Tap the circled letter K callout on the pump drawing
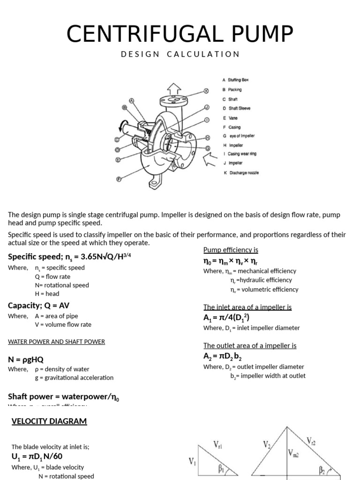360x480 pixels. [x=206, y=91]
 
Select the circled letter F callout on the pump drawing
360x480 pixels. [x=119, y=179]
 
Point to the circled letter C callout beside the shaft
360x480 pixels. [x=118, y=139]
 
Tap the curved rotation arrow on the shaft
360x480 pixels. [x=122, y=125]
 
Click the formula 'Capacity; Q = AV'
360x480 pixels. [x=38, y=306]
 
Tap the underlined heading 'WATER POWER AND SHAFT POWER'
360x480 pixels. [x=56, y=342]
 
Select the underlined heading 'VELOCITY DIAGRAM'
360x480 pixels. [x=49, y=421]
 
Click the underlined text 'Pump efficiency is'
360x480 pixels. [x=231, y=250]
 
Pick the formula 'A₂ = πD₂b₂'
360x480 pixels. [x=222, y=356]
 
